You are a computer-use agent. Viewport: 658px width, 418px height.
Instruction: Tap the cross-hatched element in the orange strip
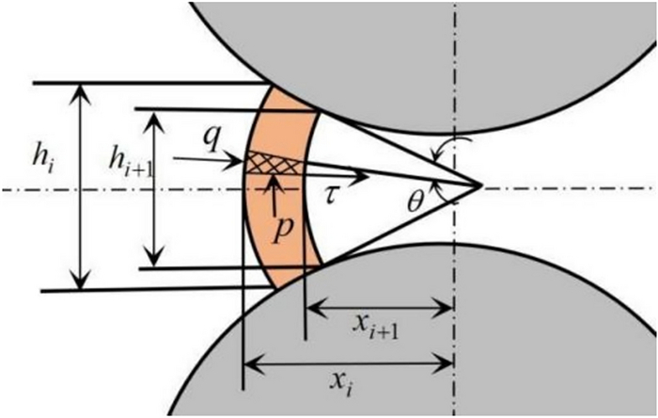(x=274, y=164)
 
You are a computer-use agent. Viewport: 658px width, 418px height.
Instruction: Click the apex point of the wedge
(x=482, y=185)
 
